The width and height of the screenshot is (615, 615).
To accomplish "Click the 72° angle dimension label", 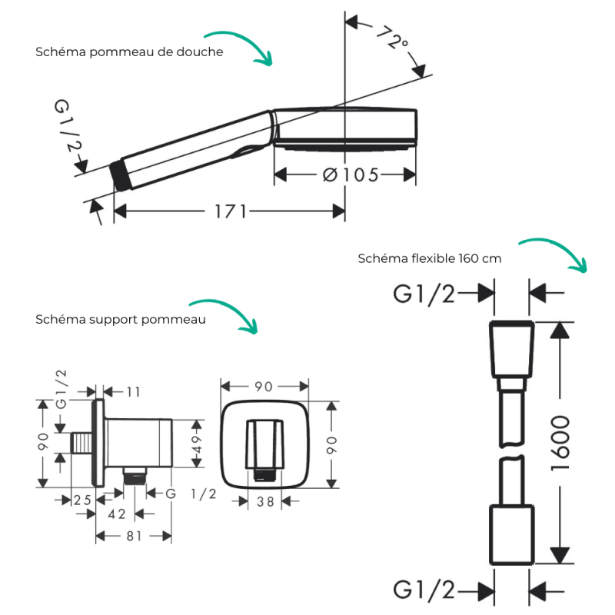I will (392, 38).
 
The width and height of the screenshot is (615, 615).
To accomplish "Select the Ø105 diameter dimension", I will (350, 175).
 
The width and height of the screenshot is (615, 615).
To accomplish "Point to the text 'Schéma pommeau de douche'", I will (129, 52).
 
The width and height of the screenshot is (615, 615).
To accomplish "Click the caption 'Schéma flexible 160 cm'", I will (429, 258).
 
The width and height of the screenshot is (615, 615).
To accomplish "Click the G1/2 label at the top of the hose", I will (424, 294).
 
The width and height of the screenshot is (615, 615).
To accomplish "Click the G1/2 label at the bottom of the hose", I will (424, 590).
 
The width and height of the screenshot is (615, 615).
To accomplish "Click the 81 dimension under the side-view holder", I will (134, 537).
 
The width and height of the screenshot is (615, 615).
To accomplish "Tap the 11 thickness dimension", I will (133, 392).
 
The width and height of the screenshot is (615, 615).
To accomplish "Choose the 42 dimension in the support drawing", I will (116, 515).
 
